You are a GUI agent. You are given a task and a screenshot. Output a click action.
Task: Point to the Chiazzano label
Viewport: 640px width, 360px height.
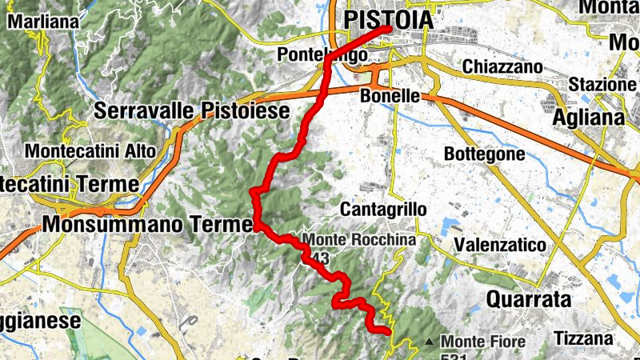click(502, 67)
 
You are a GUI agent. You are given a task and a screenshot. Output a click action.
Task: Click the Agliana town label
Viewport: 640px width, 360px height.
click(589, 117)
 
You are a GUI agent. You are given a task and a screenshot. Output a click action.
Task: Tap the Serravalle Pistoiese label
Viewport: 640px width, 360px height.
click(191, 111)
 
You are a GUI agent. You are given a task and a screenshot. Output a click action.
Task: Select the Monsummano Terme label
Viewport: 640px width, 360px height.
click(147, 226)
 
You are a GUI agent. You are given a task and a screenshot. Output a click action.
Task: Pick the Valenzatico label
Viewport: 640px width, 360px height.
click(499, 244)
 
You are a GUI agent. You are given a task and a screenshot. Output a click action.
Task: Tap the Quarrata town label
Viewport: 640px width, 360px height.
click(529, 300)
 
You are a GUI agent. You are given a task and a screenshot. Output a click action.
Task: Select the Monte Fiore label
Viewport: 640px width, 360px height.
click(483, 342)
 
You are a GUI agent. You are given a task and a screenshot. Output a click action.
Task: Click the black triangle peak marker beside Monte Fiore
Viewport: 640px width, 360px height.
click(430, 342)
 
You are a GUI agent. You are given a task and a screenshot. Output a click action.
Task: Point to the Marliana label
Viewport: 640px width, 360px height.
click(44, 22)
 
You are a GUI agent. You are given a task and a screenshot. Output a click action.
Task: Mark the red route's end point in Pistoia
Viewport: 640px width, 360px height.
click(388, 29)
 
